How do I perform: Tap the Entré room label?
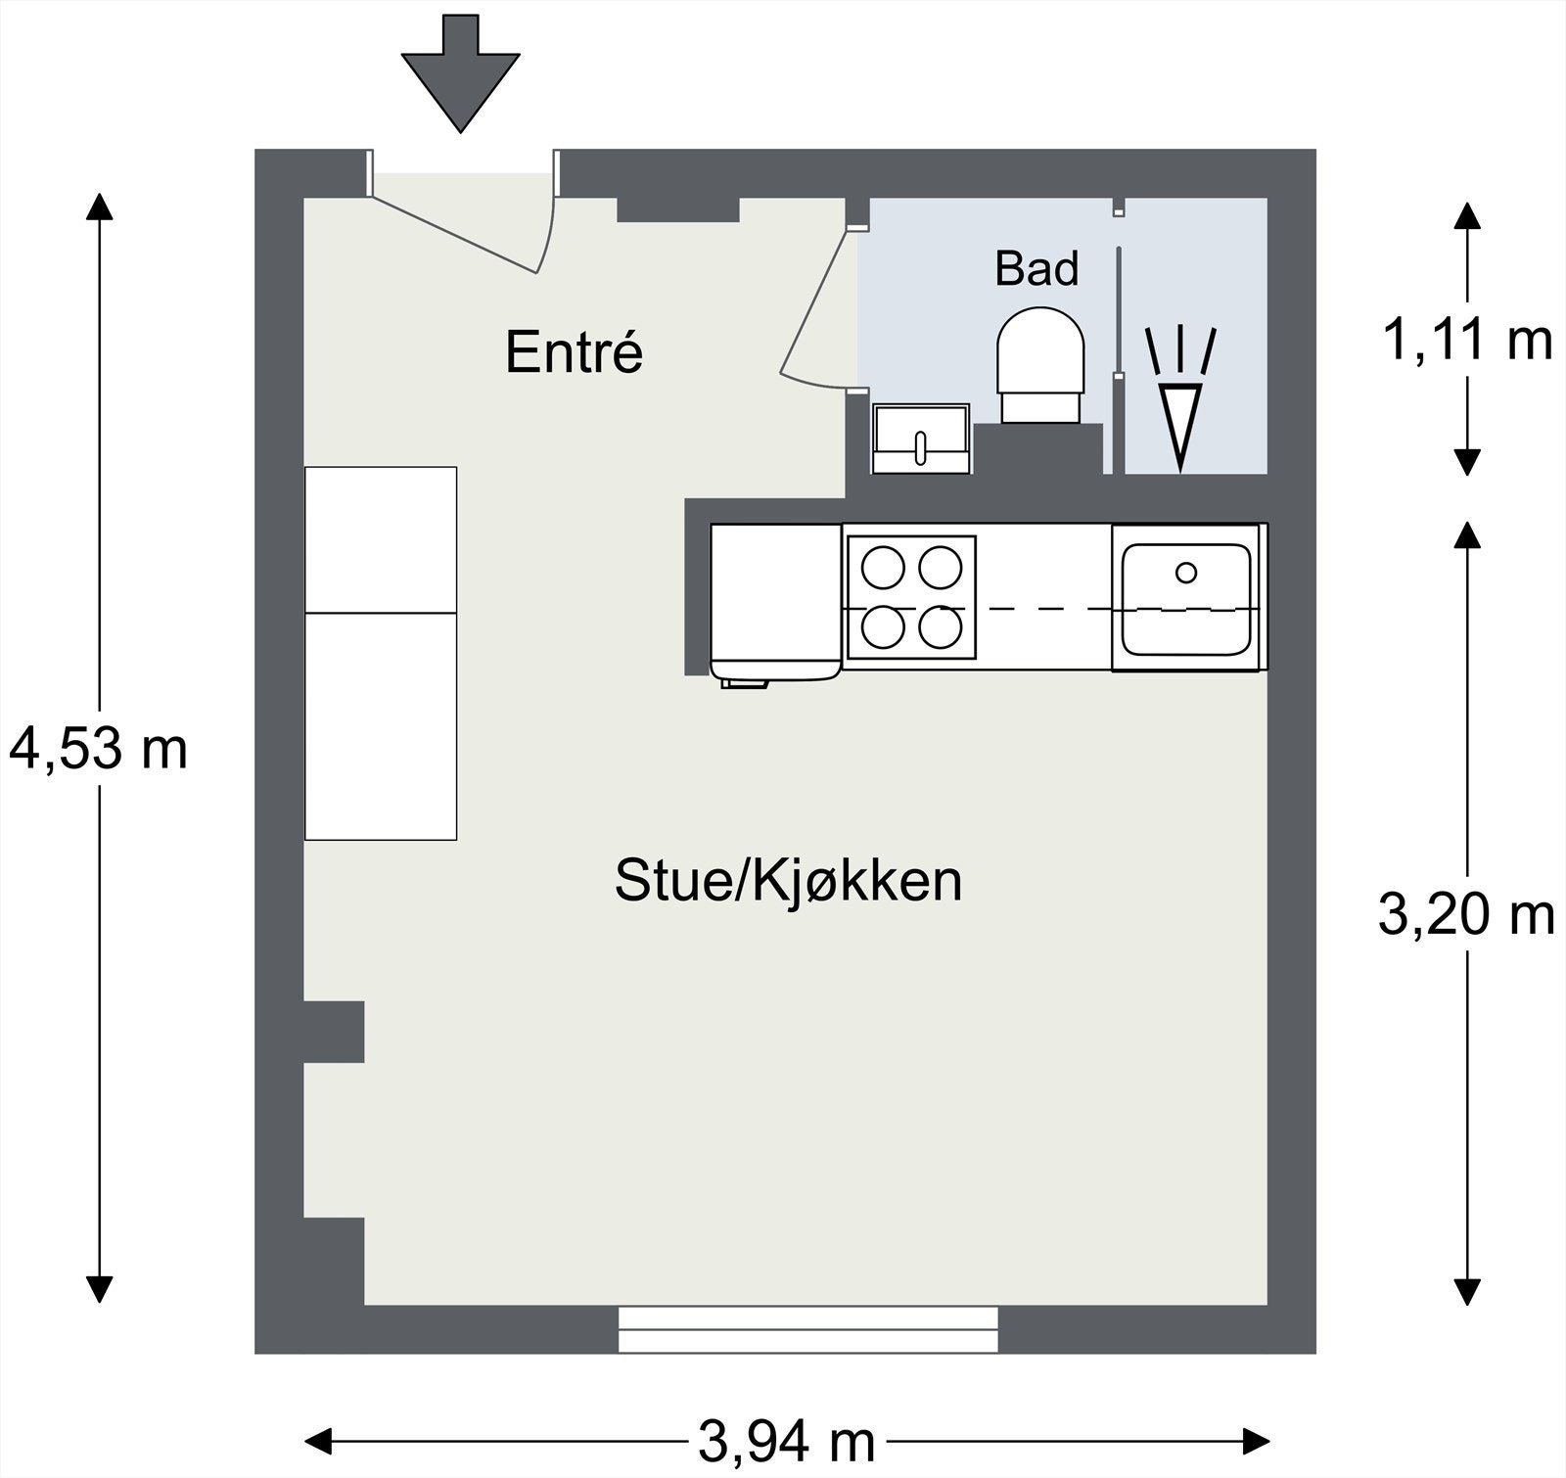tap(574, 352)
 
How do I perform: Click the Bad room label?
tap(1036, 269)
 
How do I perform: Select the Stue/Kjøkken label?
tap(788, 881)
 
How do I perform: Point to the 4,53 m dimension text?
tap(98, 750)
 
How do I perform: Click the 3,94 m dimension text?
tap(787, 1441)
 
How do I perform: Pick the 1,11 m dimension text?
tap(1466, 341)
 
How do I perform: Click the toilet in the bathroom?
tap(1040, 362)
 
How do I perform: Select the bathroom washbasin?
tap(921, 439)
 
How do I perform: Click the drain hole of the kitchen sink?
tap(1186, 573)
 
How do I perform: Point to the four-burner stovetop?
tap(910, 597)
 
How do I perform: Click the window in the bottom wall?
tap(808, 1329)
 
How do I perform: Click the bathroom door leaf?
tap(812, 303)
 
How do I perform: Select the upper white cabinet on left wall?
tap(381, 539)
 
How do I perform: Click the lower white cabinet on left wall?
tap(381, 726)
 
